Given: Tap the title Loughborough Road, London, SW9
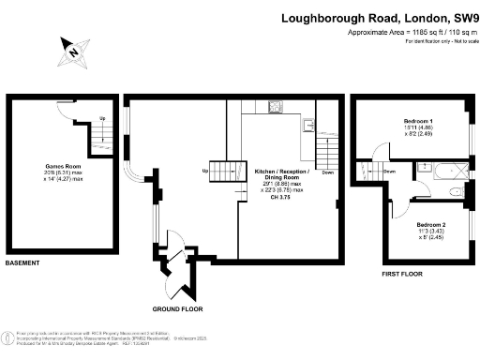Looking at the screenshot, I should pos(379,18).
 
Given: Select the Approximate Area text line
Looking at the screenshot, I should pos(411,33).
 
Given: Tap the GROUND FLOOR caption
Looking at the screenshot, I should pos(178,308).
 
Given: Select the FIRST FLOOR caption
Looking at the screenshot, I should pos(402,274).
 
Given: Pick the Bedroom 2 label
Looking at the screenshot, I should pos(430,224).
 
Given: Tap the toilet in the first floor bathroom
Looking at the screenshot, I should pos(457,191).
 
